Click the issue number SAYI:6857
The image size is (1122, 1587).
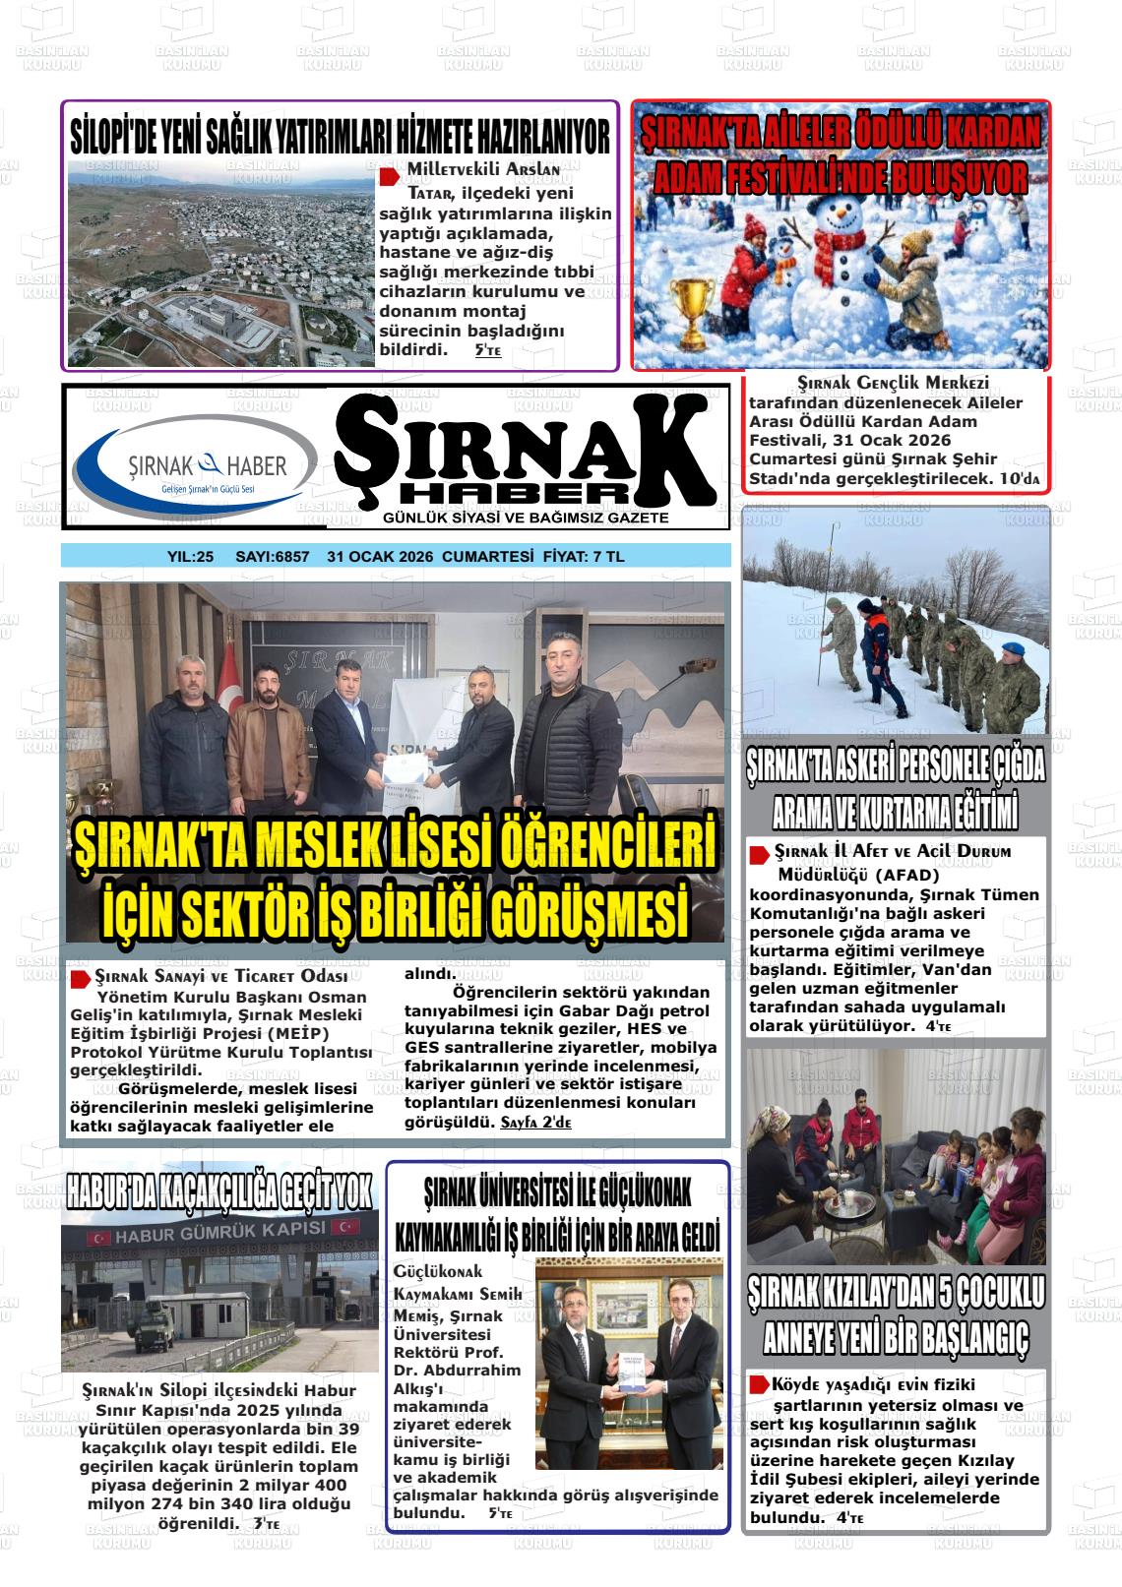[x=272, y=557]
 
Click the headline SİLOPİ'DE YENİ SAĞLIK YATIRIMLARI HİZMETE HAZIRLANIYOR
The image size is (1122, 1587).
[x=341, y=136]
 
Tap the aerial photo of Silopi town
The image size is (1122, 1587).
[x=221, y=263]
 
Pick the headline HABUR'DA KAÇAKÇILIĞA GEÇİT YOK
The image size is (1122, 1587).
[x=219, y=1191]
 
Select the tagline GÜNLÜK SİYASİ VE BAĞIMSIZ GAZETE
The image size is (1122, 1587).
[x=526, y=518]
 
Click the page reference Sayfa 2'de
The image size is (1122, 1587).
[x=535, y=1123]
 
